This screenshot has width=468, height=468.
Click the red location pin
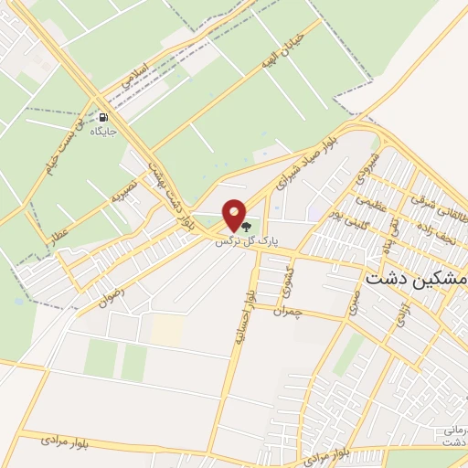coord(235,216)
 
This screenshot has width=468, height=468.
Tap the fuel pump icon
coord(103,118)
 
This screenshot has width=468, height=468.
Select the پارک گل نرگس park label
coord(245,241)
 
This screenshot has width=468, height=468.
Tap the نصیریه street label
coord(124,190)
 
